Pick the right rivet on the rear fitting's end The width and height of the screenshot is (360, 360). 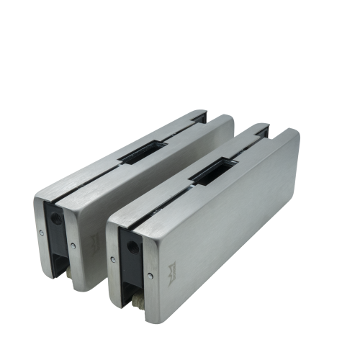73,246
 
